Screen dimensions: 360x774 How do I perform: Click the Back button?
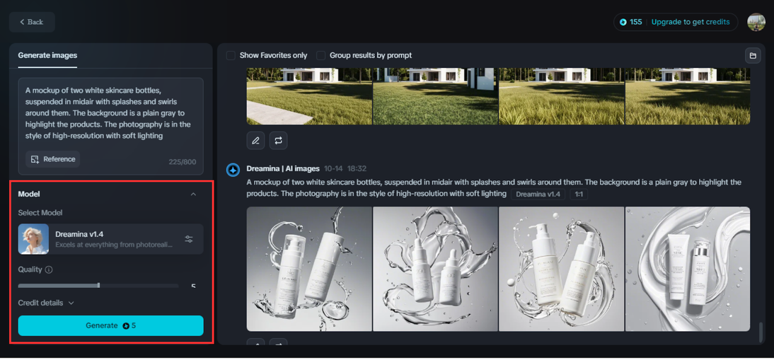pyautogui.click(x=31, y=22)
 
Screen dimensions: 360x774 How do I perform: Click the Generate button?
pyautogui.click(x=111, y=326)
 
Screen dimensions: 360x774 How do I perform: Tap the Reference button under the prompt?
pyautogui.click(x=53, y=159)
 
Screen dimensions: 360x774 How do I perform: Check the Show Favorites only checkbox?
pyautogui.click(x=231, y=55)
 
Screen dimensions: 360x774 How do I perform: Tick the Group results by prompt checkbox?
pyautogui.click(x=321, y=55)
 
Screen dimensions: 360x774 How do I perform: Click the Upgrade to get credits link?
pyautogui.click(x=690, y=22)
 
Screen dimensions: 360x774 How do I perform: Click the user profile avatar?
pyautogui.click(x=756, y=22)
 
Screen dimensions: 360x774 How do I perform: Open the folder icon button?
pyautogui.click(x=753, y=56)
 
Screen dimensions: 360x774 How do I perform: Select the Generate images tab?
pyautogui.click(x=48, y=55)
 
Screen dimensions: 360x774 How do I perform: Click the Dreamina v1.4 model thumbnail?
pyautogui.click(x=33, y=239)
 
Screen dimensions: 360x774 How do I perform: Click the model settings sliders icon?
pyautogui.click(x=189, y=239)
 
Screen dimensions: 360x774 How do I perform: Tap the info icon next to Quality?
pyautogui.click(x=49, y=270)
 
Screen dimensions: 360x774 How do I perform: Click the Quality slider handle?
pyautogui.click(x=99, y=286)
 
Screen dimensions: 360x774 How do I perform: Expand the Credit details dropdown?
pyautogui.click(x=46, y=303)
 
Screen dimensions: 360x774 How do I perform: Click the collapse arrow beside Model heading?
pyautogui.click(x=193, y=194)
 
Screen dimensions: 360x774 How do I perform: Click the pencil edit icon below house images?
pyautogui.click(x=256, y=140)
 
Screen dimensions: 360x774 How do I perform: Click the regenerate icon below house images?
pyautogui.click(x=278, y=140)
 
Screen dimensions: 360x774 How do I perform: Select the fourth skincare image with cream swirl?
pyautogui.click(x=688, y=269)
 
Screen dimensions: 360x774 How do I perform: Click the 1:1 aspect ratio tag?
pyautogui.click(x=579, y=194)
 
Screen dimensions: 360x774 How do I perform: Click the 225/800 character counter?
pyautogui.click(x=182, y=162)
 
